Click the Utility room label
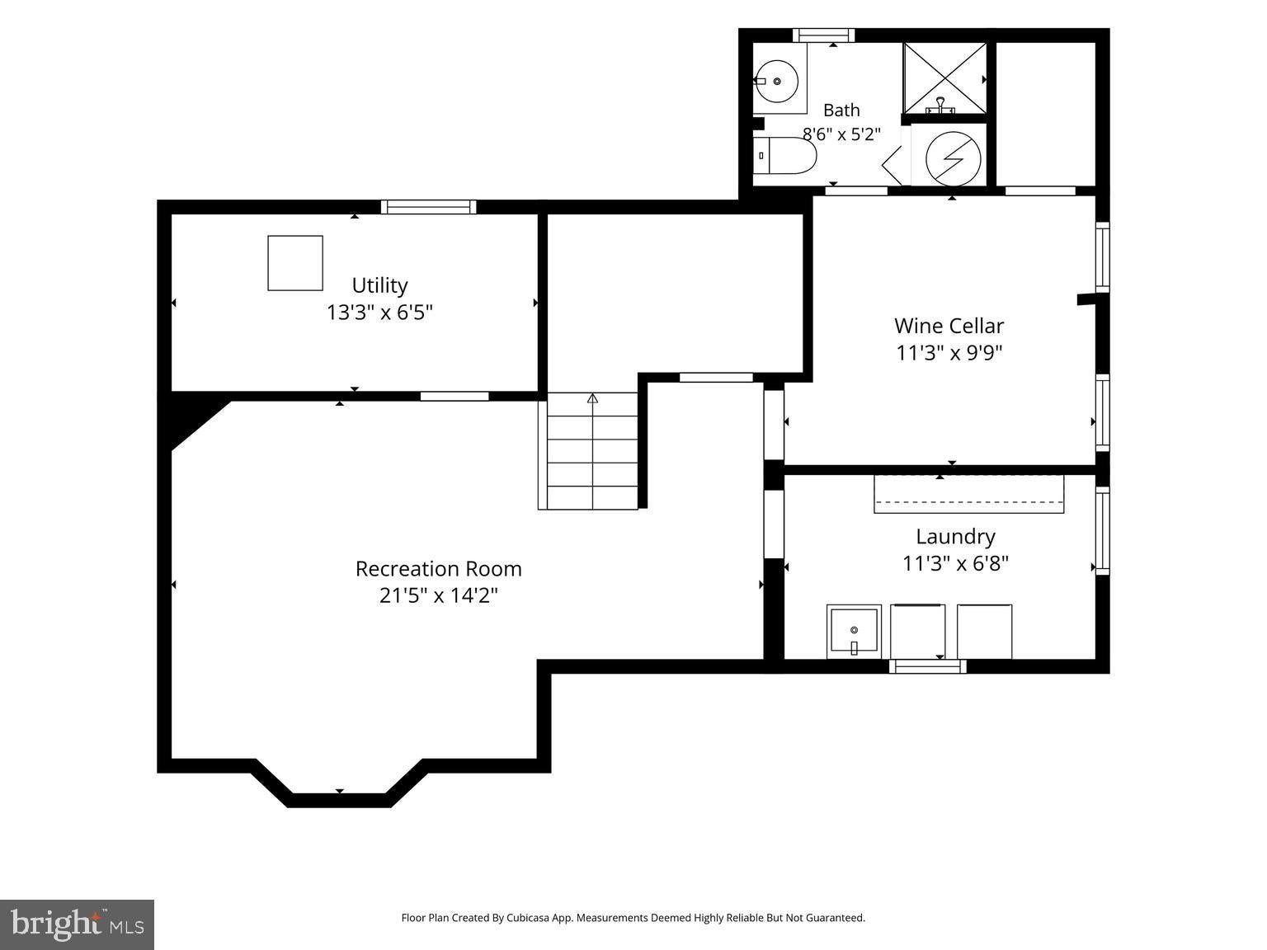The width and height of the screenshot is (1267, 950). [x=379, y=285]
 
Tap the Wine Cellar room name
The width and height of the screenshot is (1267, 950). [x=949, y=326]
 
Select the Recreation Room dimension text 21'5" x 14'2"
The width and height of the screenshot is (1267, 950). [x=438, y=595]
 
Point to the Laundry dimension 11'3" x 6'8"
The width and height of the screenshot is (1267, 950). [x=955, y=562]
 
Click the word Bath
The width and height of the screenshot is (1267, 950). [x=841, y=110]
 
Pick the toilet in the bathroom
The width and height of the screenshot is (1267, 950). [x=784, y=156]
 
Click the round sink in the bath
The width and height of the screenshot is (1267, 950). [x=777, y=81]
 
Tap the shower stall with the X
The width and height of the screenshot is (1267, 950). [x=944, y=78]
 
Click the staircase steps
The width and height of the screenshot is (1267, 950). [x=588, y=451]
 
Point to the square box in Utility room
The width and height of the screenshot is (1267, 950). [x=295, y=263]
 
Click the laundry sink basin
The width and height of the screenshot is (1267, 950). [x=854, y=631]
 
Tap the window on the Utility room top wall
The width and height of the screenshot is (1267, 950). [x=428, y=206]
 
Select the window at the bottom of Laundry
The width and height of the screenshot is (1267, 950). [x=927, y=666]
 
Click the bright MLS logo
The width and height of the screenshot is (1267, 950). [x=77, y=924]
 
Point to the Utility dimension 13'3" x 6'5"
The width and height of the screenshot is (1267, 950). [x=379, y=312]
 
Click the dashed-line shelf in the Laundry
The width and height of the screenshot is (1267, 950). [x=968, y=494]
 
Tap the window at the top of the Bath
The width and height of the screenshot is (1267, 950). [x=823, y=35]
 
